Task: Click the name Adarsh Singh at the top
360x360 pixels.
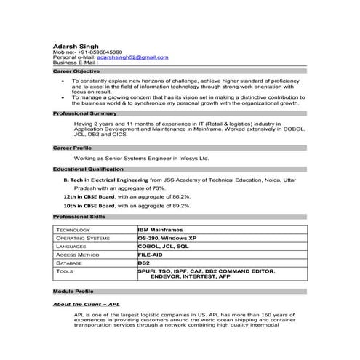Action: coord(76,46)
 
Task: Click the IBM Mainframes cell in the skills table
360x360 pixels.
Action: coord(160,230)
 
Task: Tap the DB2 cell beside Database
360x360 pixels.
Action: coord(144,263)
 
